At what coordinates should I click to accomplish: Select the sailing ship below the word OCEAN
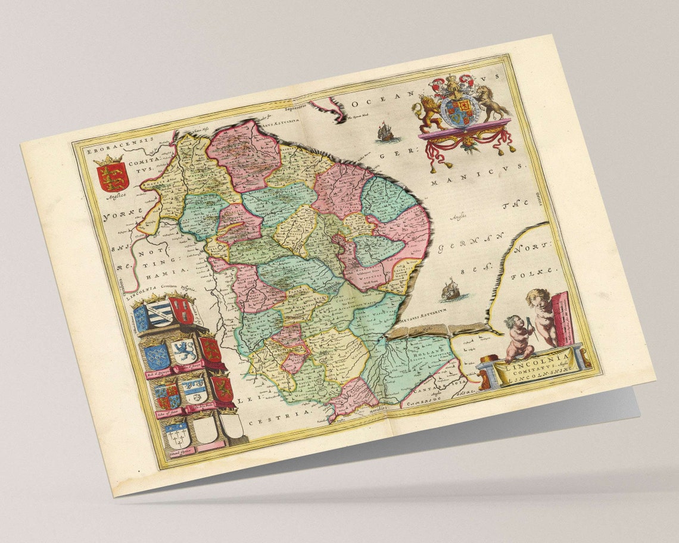click(385, 132)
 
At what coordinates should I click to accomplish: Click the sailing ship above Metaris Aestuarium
click(451, 291)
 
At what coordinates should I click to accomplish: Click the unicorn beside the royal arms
click(492, 102)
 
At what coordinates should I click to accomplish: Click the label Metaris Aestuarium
click(423, 322)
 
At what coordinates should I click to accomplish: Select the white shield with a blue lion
click(183, 351)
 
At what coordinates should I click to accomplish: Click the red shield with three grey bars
click(180, 310)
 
